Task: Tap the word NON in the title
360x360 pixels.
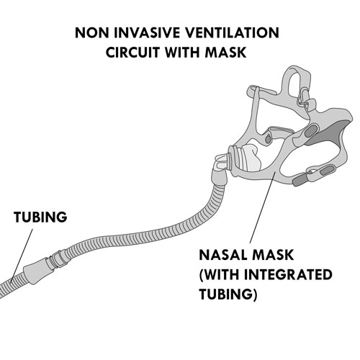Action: (92, 33)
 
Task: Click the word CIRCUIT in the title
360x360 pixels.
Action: (133, 53)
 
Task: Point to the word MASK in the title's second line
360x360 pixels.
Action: (225, 53)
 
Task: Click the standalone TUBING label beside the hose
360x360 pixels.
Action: (40, 217)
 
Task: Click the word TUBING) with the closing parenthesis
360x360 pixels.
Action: (228, 294)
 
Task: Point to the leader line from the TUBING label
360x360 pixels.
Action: (22, 255)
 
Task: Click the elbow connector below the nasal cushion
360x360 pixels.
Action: (220, 174)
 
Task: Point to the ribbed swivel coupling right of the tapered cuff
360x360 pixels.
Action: (57, 259)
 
